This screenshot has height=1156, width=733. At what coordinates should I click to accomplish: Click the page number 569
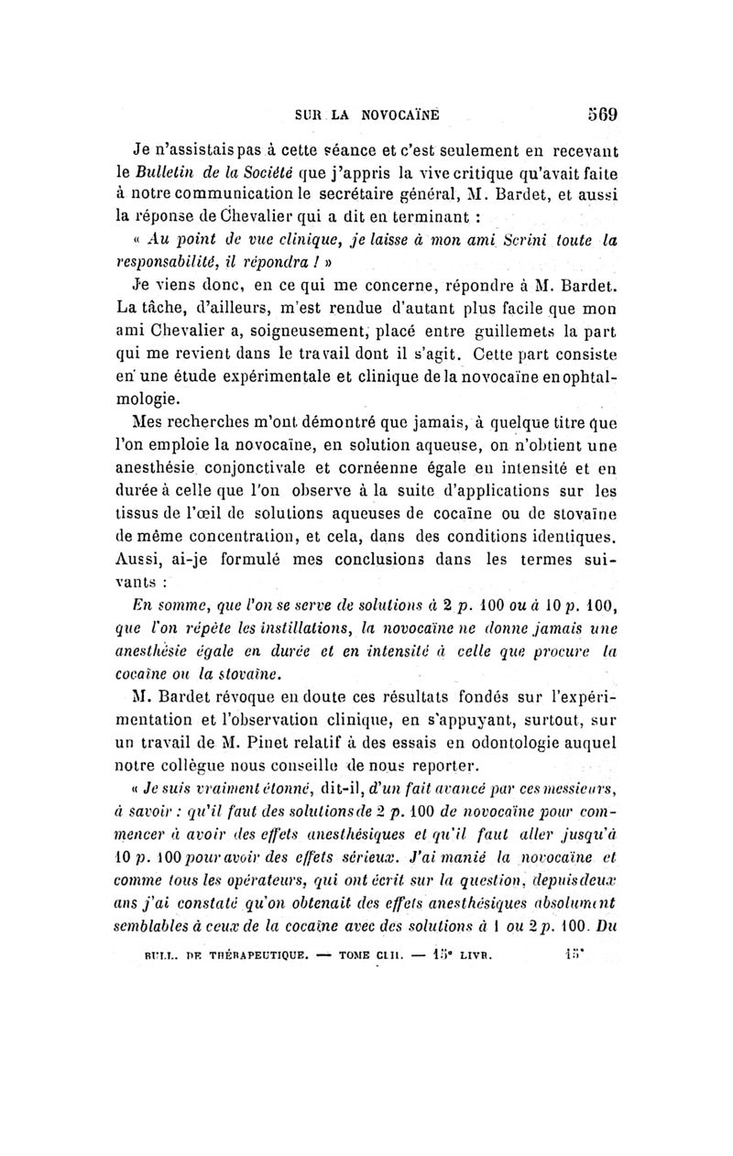600,116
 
